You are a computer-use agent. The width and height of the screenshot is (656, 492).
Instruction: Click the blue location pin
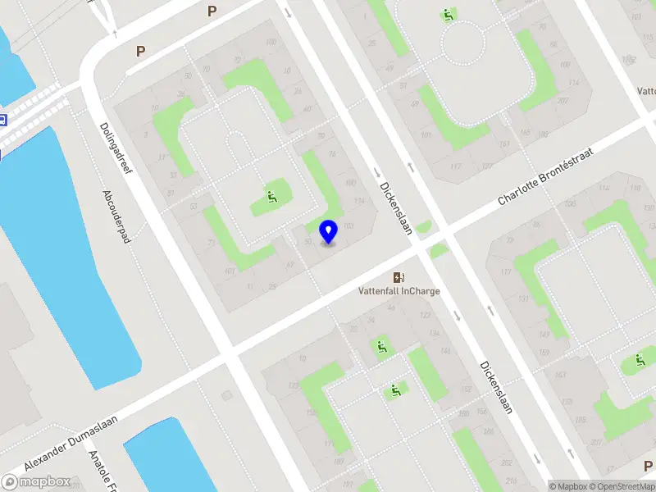pyautogui.click(x=328, y=232)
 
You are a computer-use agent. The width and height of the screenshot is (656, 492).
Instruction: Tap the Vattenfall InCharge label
pyautogui.click(x=399, y=290)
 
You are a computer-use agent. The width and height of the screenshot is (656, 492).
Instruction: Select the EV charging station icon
pyautogui.click(x=399, y=277)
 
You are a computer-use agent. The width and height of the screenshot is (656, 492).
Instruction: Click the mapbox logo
pyautogui.click(x=36, y=481)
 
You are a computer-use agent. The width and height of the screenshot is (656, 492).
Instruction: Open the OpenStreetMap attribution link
pyautogui.click(x=621, y=486)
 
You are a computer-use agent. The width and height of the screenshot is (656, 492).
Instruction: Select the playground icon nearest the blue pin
pyautogui.click(x=272, y=197)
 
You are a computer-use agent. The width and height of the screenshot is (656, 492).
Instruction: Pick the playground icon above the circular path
pyautogui.click(x=448, y=15)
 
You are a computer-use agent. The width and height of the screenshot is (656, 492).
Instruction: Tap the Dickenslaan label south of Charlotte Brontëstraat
pyautogui.click(x=497, y=388)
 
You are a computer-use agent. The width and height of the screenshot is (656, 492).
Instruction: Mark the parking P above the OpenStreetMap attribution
pyautogui.click(x=649, y=467)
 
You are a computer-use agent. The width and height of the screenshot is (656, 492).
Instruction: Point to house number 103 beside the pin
pyautogui.click(x=348, y=225)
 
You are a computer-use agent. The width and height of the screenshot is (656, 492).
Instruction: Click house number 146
pyautogui.click(x=445, y=351)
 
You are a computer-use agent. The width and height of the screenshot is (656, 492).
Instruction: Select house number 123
pyautogui.click(x=293, y=385)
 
